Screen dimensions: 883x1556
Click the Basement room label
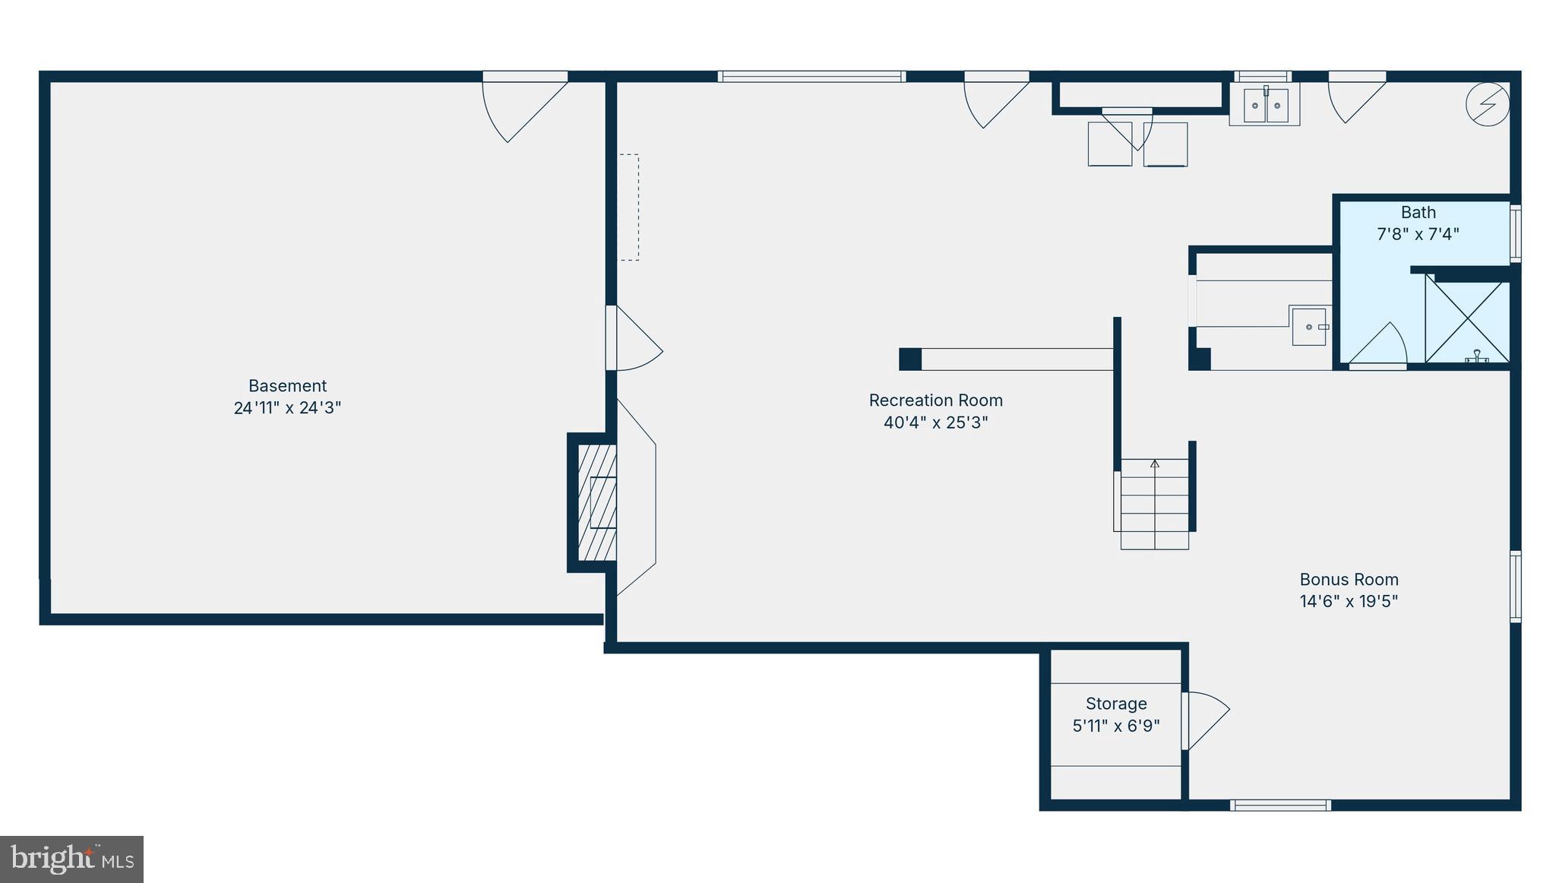point(287,386)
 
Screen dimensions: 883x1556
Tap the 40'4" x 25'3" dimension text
point(935,423)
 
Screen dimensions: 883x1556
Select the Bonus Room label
point(1349,580)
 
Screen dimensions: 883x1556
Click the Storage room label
point(1116,704)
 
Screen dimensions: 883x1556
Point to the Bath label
point(1418,213)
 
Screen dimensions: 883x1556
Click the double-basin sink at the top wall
point(1265,106)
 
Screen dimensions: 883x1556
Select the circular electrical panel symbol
point(1487,103)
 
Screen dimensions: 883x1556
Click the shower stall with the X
point(1466,321)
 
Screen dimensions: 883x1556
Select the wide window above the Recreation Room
point(811,77)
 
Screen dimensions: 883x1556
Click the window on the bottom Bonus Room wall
point(1280,805)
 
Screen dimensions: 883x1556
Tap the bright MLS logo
point(71,859)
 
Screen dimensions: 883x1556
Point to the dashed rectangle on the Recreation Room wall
point(628,207)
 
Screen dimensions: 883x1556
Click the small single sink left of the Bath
point(1309,327)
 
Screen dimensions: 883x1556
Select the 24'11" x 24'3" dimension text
point(287,408)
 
